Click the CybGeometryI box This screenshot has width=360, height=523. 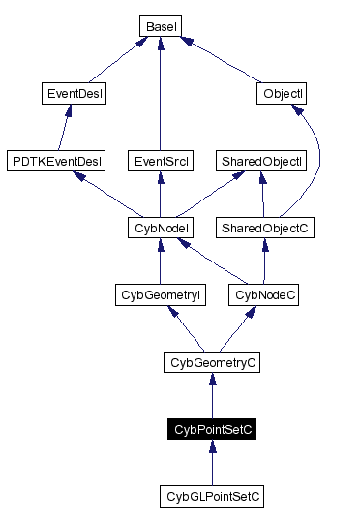point(158,294)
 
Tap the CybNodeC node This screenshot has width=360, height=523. point(263,294)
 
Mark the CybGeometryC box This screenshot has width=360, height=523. point(212,362)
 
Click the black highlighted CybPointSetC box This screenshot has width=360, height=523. point(212,429)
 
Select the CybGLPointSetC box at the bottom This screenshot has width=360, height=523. point(212,496)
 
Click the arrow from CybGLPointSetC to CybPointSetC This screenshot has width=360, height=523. point(212,463)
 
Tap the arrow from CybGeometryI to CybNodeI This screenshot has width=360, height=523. point(158,261)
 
